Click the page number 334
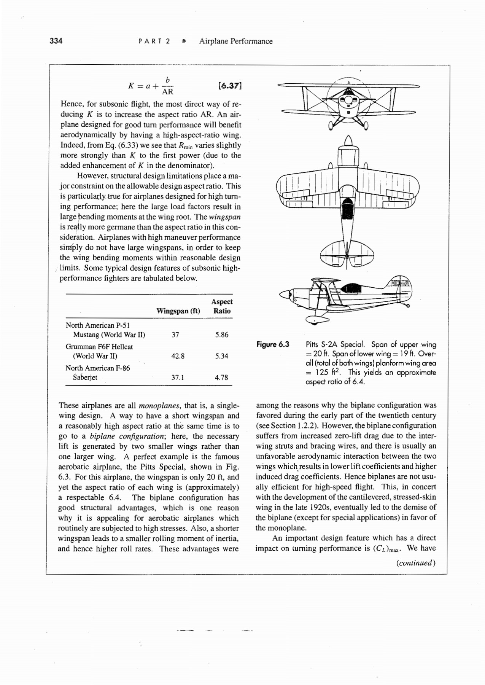click(x=56, y=41)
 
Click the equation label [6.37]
click(x=231, y=86)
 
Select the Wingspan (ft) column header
click(x=178, y=311)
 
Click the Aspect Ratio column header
click(x=222, y=306)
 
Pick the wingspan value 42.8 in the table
click(x=178, y=356)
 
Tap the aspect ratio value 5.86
click(x=222, y=335)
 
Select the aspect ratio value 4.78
click(x=221, y=378)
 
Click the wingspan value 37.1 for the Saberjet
click(x=178, y=378)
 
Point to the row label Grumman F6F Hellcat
click(x=99, y=347)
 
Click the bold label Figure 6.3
click(x=273, y=344)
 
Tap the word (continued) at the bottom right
click(x=416, y=563)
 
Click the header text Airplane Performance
click(x=236, y=41)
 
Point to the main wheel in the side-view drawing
click(x=314, y=321)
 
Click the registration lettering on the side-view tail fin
click(x=400, y=283)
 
